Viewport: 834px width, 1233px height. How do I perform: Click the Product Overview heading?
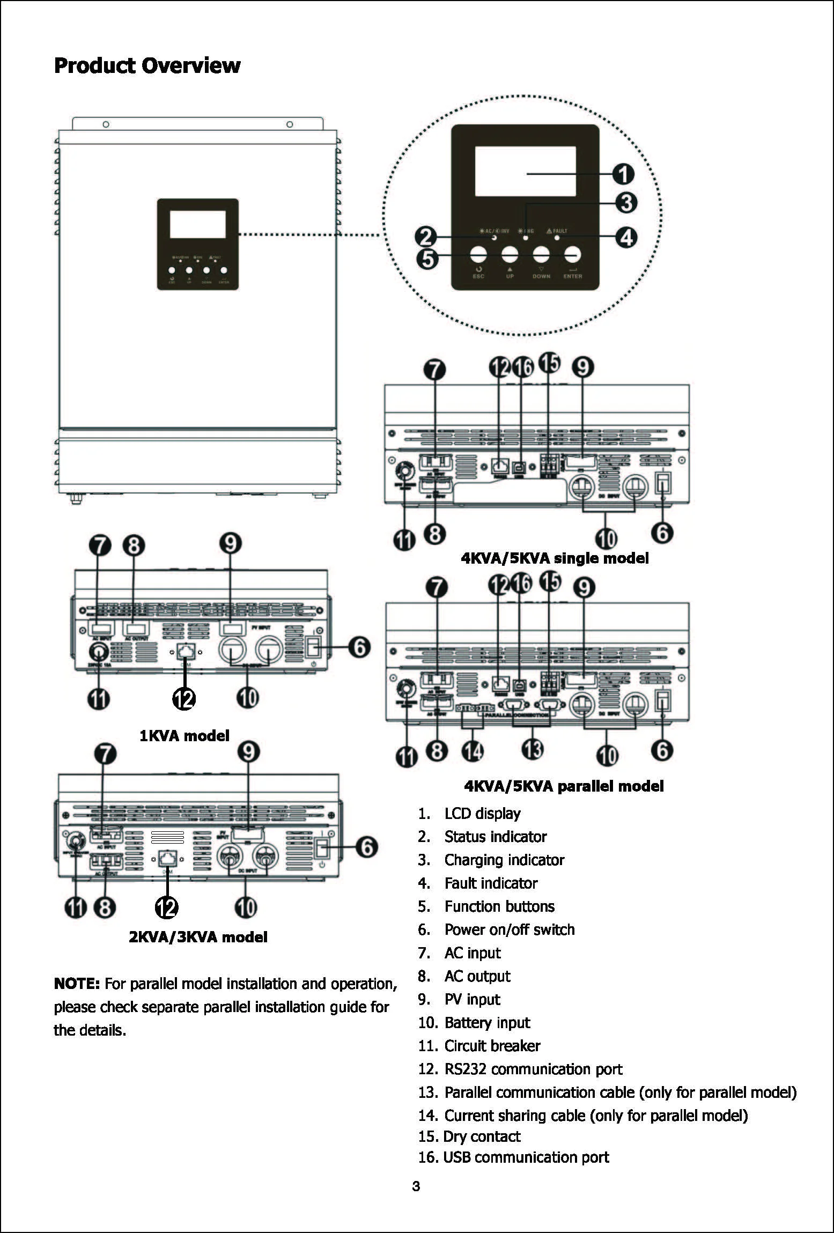coord(147,65)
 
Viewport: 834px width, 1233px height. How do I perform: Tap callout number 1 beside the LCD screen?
coord(623,174)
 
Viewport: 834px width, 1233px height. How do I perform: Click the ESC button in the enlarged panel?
coord(478,254)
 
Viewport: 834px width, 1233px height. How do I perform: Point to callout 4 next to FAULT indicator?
coord(625,237)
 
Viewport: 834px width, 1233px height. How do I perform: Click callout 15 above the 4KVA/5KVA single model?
coord(549,363)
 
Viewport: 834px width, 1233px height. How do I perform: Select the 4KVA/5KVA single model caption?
coord(555,558)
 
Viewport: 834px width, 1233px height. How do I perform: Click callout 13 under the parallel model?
coord(532,749)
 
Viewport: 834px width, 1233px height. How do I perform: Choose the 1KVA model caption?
coord(184,735)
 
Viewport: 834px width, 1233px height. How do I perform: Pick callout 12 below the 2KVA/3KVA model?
coord(167,907)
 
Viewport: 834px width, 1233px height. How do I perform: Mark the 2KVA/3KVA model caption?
coord(198,937)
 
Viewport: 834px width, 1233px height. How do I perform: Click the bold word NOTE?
coord(77,984)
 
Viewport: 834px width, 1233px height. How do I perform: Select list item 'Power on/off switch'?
coord(509,929)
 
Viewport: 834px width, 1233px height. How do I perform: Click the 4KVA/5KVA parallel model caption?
coord(563,786)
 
